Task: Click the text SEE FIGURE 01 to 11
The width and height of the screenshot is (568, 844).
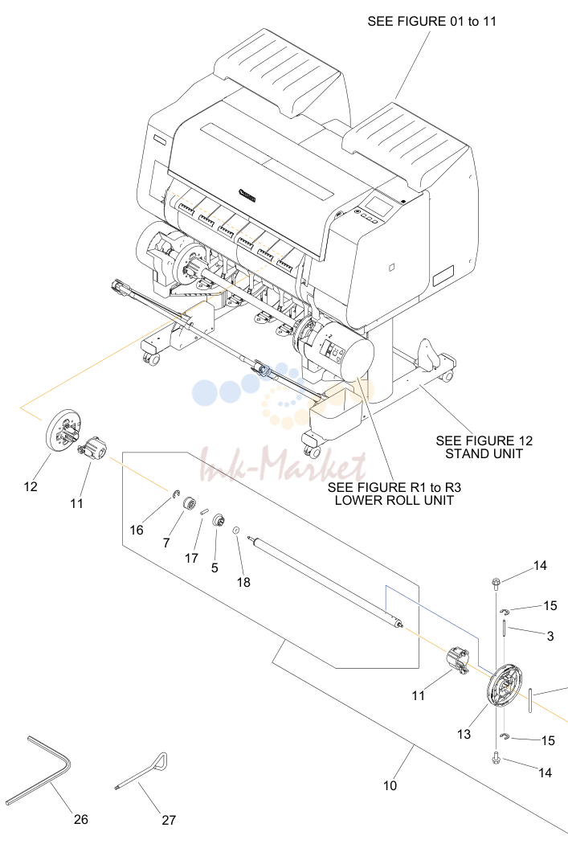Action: coord(431,22)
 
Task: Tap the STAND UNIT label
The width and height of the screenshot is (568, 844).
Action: coord(484,454)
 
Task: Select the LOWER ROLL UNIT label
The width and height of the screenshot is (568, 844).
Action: coord(394,500)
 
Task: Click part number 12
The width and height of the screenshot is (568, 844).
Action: coord(31,486)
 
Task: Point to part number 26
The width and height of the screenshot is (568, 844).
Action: coord(80,819)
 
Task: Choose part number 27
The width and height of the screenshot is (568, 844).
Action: coord(169,821)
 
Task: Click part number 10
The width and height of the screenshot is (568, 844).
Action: coord(390,786)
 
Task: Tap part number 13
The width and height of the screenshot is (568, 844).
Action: coord(464,734)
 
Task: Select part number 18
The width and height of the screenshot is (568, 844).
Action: coord(243,583)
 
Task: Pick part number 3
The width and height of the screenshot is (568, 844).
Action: coord(550,637)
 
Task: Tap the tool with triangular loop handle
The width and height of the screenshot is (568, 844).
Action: coord(141,773)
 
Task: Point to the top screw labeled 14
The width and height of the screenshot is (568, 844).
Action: coord(496,582)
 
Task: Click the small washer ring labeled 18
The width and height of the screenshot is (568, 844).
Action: coord(235,531)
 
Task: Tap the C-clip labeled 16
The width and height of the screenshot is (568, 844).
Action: coord(175,494)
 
